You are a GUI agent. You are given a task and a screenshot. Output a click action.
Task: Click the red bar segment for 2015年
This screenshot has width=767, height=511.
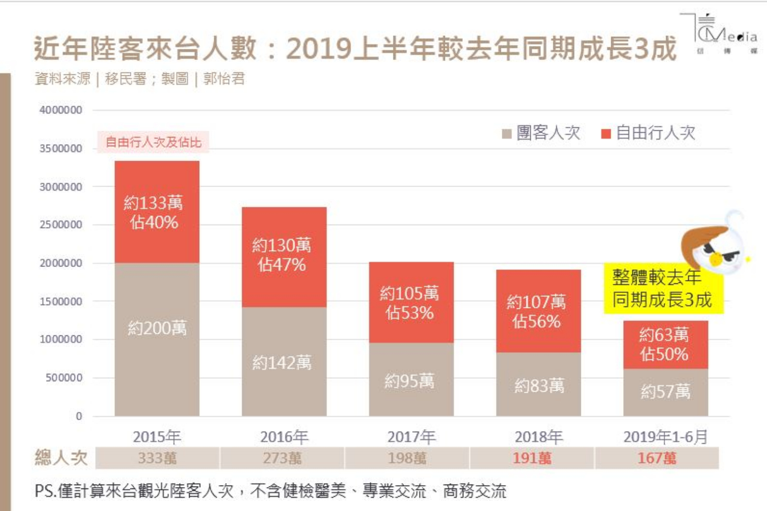click(x=157, y=212)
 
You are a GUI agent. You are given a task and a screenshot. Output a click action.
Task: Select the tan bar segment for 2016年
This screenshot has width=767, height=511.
click(x=284, y=361)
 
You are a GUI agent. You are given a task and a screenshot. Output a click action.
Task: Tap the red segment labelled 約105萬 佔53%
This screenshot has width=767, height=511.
click(x=411, y=302)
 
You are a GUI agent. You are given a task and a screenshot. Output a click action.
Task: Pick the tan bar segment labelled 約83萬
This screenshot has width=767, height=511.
click(x=538, y=384)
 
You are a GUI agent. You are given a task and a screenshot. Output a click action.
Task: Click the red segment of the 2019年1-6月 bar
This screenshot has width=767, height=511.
click(x=665, y=344)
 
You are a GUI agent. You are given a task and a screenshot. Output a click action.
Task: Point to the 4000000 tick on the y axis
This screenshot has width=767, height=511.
click(x=61, y=110)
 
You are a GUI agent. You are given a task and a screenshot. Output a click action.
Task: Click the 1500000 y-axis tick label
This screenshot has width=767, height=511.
click(x=61, y=301)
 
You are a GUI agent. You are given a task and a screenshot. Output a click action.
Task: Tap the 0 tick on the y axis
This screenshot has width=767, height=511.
click(x=78, y=416)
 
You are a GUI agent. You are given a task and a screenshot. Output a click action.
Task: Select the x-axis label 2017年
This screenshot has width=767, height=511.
click(x=411, y=437)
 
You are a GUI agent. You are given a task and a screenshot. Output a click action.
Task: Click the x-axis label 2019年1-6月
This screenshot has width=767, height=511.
click(x=665, y=437)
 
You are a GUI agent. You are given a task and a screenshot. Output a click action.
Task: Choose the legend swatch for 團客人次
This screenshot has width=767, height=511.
click(x=506, y=134)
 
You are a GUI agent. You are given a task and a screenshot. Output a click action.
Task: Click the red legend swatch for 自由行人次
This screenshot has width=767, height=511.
click(x=606, y=134)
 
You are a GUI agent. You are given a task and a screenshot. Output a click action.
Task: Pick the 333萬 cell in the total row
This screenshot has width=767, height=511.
click(x=157, y=458)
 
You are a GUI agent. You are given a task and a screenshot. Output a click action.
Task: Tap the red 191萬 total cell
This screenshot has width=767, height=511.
click(x=532, y=458)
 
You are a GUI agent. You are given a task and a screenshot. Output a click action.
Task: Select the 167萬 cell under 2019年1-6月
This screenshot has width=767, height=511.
click(x=657, y=458)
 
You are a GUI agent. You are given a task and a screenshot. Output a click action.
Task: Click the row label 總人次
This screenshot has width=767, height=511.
click(x=61, y=458)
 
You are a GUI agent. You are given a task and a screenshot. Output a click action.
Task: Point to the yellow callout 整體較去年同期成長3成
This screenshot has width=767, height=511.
click(x=663, y=288)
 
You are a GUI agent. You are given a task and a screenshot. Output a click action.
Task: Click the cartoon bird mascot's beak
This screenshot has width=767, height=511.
click(x=715, y=259)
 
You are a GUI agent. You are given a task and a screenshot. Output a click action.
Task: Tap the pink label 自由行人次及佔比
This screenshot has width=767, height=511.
click(x=153, y=142)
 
